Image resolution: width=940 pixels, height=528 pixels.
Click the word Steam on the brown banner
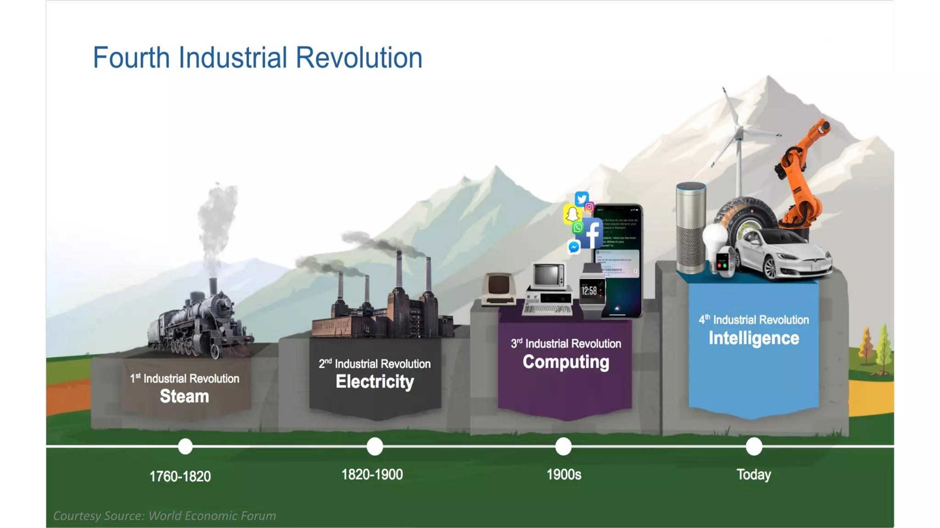[x=184, y=396]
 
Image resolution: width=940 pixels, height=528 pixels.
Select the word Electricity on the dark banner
[x=375, y=382]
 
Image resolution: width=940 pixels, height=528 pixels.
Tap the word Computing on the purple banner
[x=566, y=362]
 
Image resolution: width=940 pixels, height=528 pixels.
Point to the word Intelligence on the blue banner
[x=754, y=338]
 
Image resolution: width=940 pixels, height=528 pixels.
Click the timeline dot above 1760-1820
[x=185, y=446]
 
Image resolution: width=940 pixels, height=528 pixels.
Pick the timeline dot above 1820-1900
[x=375, y=446]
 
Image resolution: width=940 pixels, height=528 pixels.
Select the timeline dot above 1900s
[x=564, y=446]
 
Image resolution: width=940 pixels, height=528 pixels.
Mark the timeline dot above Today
[x=754, y=446]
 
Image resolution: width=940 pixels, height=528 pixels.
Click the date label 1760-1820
[x=180, y=477]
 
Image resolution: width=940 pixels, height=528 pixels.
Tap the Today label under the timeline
[x=754, y=475]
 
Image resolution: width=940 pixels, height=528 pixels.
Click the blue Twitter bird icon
[x=582, y=199]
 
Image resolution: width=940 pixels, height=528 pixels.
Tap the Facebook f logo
[x=593, y=234]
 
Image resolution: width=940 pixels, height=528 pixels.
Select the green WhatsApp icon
[x=578, y=228]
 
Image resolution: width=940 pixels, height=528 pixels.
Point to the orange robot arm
[x=801, y=179]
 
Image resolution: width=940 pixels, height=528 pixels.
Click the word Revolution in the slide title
[x=358, y=58]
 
